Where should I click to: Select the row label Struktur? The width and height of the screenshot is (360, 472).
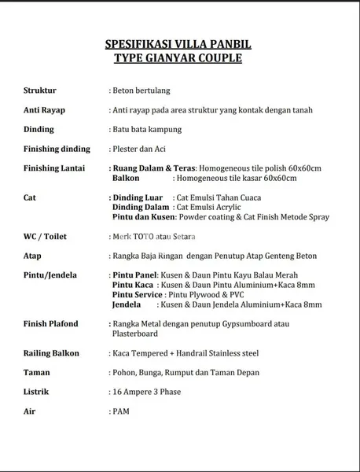pyautogui.click(x=40, y=90)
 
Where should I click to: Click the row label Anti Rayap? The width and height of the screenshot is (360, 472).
pyautogui.click(x=45, y=110)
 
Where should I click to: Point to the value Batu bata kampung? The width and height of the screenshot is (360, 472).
pyautogui.click(x=147, y=129)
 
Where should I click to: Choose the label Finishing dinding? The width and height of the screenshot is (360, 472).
pyautogui.click(x=57, y=149)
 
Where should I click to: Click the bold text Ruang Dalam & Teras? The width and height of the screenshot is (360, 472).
pyautogui.click(x=152, y=168)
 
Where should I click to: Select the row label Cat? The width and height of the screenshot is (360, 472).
pyautogui.click(x=29, y=197)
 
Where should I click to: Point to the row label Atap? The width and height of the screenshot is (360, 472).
pyautogui.click(x=32, y=256)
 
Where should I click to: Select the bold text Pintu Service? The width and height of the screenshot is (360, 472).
pyautogui.click(x=138, y=294)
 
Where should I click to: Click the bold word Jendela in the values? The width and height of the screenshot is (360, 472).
pyautogui.click(x=127, y=304)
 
